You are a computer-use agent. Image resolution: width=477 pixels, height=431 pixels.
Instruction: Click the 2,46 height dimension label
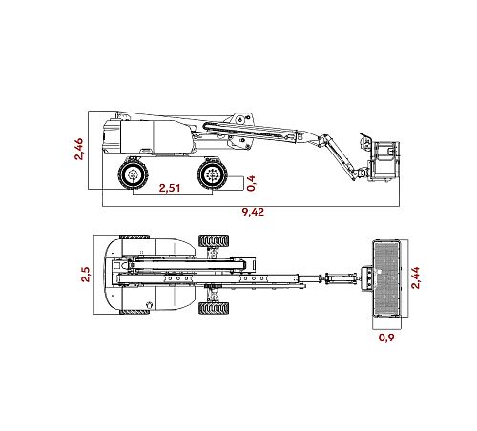click(x=78, y=149)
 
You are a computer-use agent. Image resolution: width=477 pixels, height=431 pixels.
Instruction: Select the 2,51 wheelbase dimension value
click(x=170, y=188)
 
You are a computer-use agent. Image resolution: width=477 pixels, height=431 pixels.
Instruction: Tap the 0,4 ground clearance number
click(x=251, y=183)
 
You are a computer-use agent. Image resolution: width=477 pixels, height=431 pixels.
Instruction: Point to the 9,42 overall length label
click(x=253, y=212)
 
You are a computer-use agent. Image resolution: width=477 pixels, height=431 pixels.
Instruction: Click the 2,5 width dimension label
click(x=86, y=275)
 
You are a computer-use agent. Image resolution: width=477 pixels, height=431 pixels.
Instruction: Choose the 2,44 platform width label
click(x=415, y=277)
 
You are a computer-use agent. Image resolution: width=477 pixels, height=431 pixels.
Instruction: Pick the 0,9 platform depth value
click(x=386, y=338)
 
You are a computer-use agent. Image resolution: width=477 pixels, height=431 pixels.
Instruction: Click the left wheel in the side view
click(x=134, y=174)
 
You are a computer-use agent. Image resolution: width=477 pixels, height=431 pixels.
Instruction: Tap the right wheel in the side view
click(x=213, y=174)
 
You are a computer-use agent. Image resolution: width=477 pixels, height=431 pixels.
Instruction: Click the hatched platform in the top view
click(x=386, y=278)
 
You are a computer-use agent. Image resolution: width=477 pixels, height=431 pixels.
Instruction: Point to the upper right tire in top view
click(x=214, y=241)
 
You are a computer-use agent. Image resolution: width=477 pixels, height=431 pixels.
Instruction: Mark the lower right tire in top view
click(x=214, y=308)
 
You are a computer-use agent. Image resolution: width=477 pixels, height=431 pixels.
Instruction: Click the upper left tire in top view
click(x=135, y=237)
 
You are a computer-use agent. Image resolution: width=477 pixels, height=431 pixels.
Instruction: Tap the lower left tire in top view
click(x=135, y=313)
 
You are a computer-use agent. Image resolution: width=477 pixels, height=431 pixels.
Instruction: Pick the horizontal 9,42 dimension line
click(x=251, y=207)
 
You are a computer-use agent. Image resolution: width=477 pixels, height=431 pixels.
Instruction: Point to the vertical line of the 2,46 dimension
click(x=89, y=150)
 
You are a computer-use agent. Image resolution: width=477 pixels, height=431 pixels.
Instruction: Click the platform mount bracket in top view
click(x=366, y=278)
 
